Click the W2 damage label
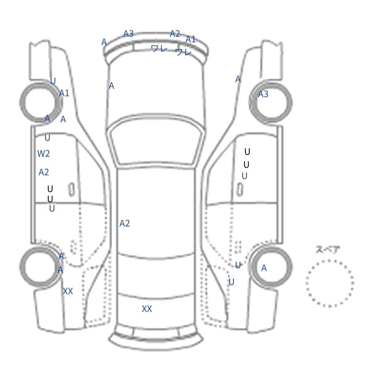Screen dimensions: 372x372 pyautogui.click(x=44, y=154)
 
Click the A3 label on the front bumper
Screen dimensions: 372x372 pyautogui.click(x=128, y=33)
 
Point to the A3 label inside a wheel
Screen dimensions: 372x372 pyautogui.click(x=263, y=94)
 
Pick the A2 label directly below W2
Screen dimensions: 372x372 pyautogui.click(x=44, y=172)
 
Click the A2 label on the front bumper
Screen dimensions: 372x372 pyautogui.click(x=175, y=33)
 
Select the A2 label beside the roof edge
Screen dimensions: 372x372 pyautogui.click(x=125, y=224)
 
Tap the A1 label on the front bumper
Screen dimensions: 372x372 pyautogui.click(x=191, y=40)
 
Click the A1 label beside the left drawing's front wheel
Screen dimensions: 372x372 pyautogui.click(x=64, y=93)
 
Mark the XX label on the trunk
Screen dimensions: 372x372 pyautogui.click(x=147, y=309)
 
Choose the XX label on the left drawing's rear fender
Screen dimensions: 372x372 pyautogui.click(x=68, y=291)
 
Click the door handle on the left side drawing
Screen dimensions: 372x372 pyautogui.click(x=72, y=189)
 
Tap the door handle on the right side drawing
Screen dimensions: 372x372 pyautogui.click(x=240, y=189)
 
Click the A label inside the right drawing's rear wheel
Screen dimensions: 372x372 pyautogui.click(x=264, y=268)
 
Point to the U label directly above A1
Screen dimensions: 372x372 pyautogui.click(x=53, y=81)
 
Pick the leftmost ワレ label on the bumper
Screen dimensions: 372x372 pyautogui.click(x=159, y=48)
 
